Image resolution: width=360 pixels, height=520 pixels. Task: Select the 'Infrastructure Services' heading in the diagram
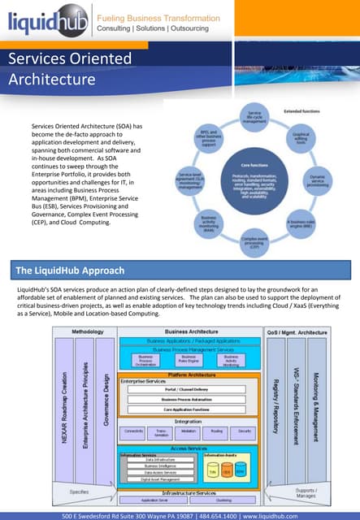pyautogui.click(x=189, y=493)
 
